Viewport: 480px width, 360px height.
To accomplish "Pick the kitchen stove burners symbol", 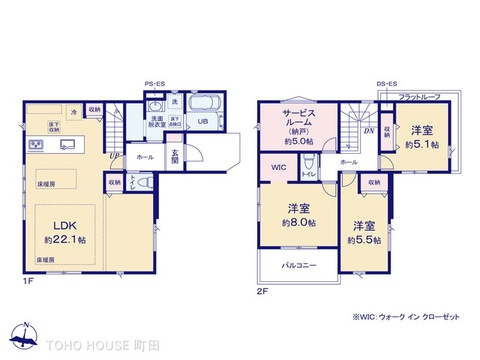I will point(33,147).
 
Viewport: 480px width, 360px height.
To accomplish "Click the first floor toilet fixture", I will point(143,182).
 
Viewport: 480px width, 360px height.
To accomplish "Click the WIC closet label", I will point(277,168).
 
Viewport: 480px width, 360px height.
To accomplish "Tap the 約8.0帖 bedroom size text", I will point(299,223).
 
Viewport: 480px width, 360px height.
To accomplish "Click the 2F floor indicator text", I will point(263,289).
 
